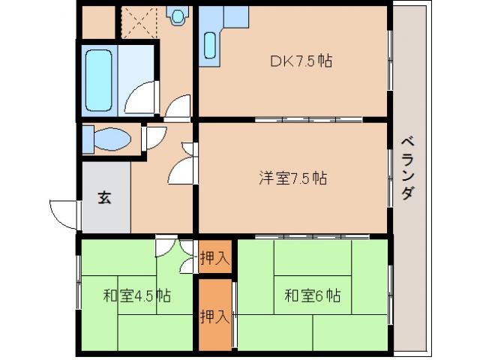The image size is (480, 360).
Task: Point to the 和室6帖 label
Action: tap(312, 295)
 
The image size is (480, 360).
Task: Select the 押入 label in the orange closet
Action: tap(214, 316)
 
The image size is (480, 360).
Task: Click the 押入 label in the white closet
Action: tap(214, 259)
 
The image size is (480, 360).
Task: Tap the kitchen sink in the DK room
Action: tap(210, 46)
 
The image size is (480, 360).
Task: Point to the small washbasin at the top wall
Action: tap(178, 15)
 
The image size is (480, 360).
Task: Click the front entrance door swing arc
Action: tap(64, 213)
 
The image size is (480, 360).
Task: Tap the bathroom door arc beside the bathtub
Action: tap(141, 98)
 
